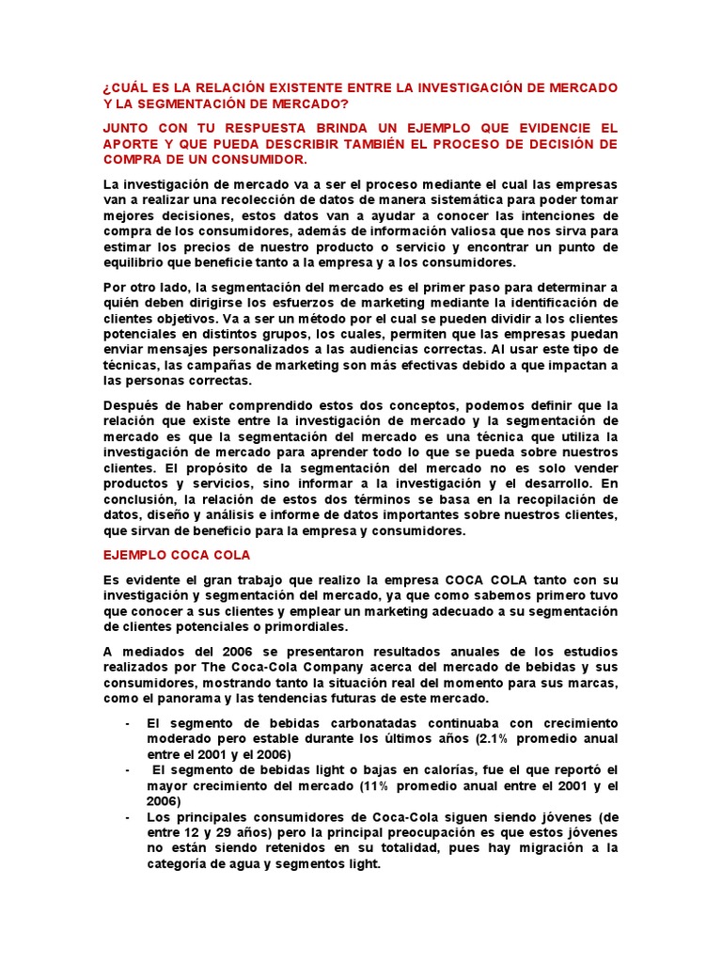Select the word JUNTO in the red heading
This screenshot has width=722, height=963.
pos(128,128)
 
